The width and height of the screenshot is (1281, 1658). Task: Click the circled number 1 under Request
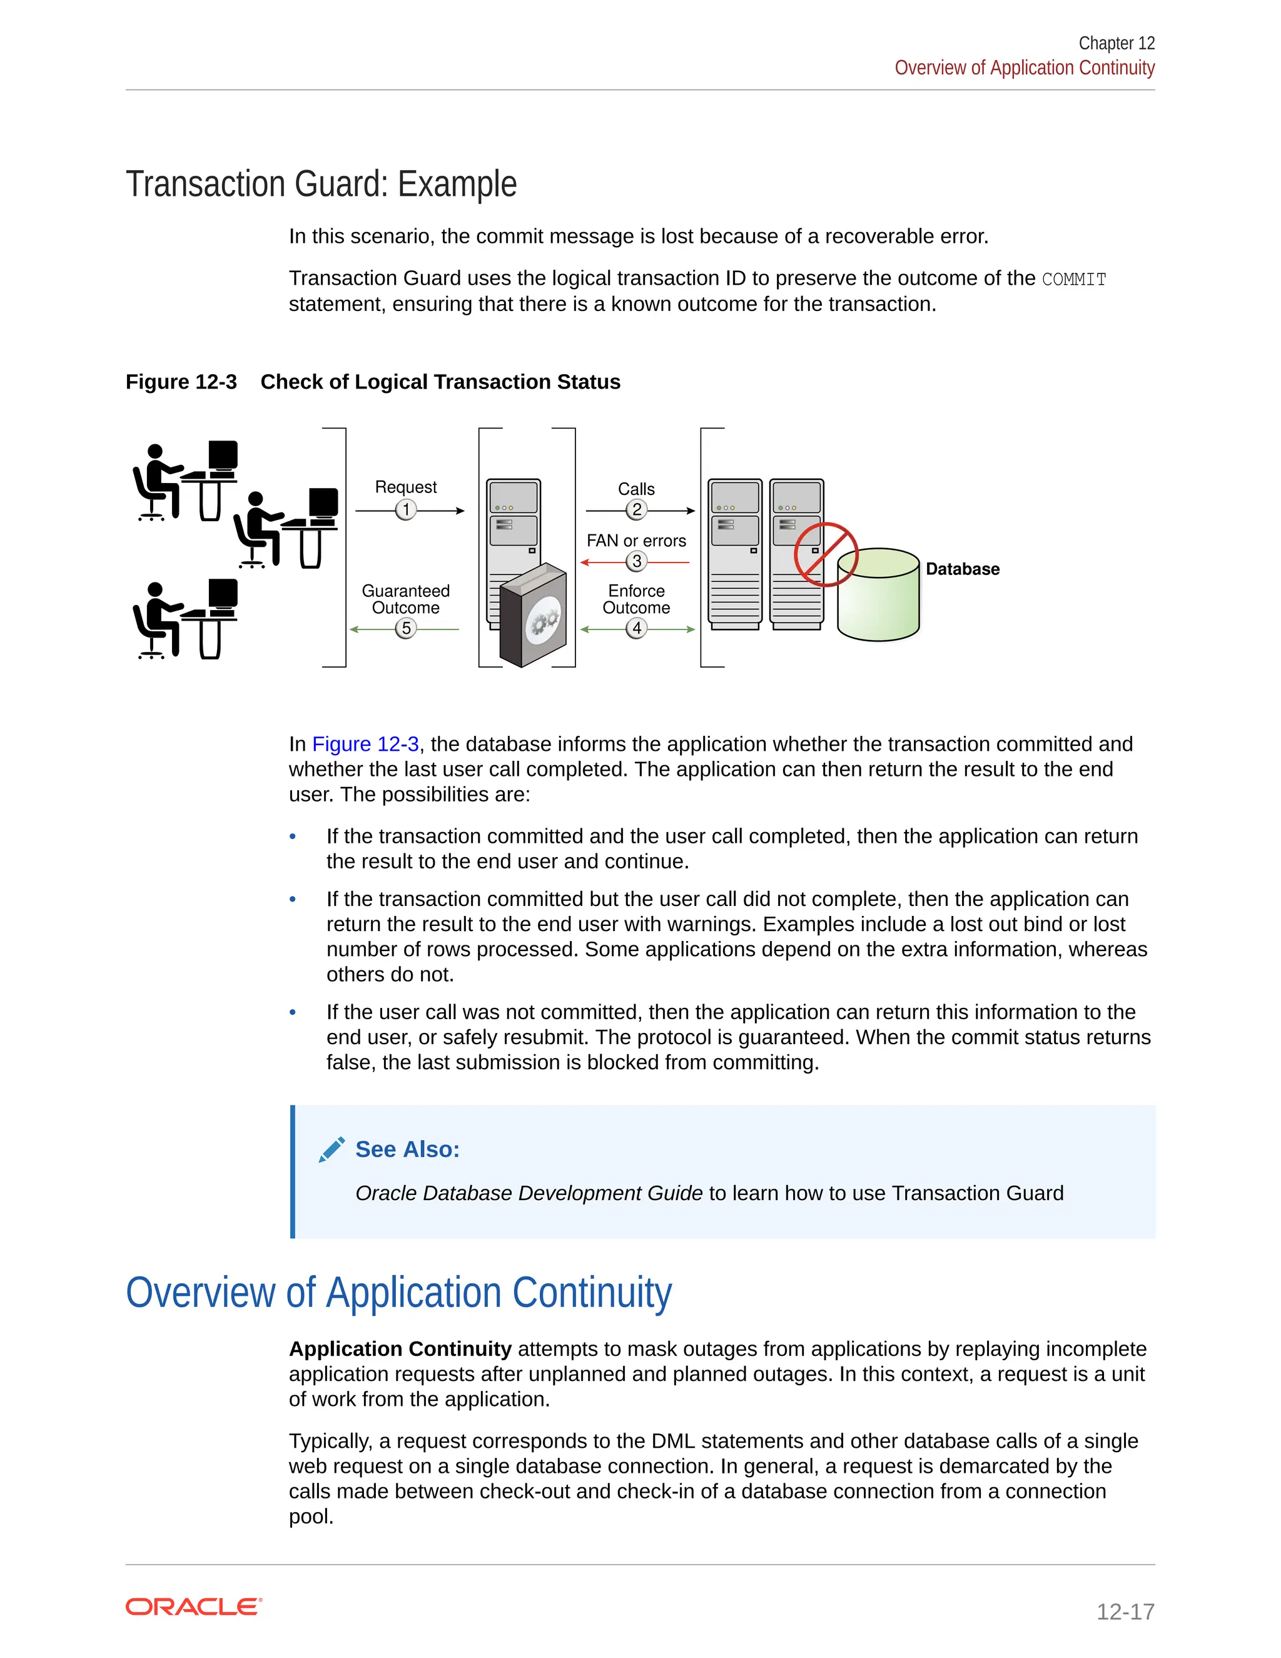(406, 509)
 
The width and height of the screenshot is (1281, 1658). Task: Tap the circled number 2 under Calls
(636, 509)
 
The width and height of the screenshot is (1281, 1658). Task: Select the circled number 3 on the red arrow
(636, 561)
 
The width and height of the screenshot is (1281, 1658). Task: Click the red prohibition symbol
(826, 554)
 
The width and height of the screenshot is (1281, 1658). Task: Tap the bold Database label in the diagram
(962, 569)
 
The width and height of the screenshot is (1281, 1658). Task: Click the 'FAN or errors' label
(636, 541)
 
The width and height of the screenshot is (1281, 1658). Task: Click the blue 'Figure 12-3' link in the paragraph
(365, 744)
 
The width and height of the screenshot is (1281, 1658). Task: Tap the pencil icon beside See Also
(332, 1149)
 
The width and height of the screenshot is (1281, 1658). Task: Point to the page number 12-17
(1125, 1611)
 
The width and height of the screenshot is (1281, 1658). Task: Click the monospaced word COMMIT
(1074, 280)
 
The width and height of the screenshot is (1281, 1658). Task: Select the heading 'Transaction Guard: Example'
(321, 185)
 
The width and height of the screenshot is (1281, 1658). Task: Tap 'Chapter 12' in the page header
(1116, 43)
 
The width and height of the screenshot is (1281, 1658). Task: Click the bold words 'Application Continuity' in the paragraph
(400, 1349)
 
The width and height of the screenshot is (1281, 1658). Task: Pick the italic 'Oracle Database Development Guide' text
(529, 1193)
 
